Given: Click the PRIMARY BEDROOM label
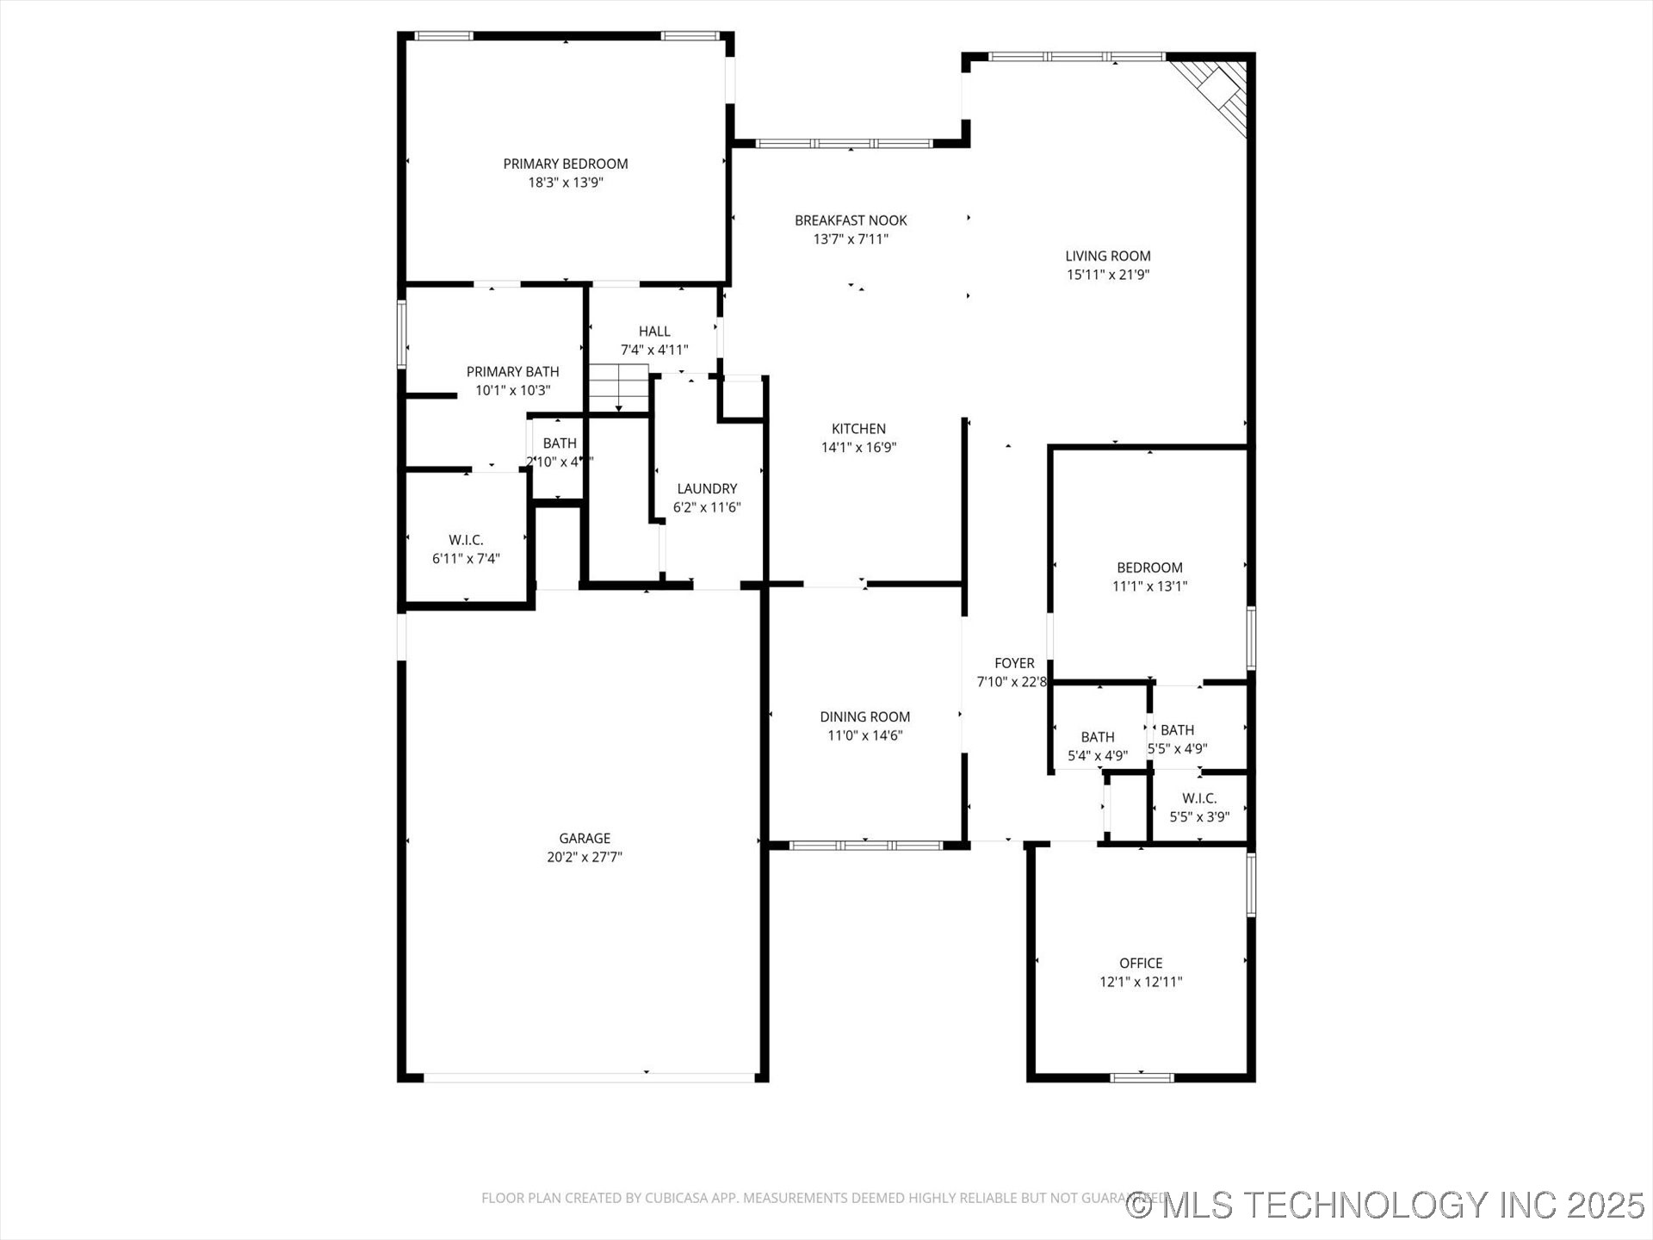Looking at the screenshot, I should pos(566,164).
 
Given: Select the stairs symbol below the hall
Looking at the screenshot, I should pos(618,388).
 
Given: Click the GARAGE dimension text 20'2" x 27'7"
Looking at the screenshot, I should pos(585,857).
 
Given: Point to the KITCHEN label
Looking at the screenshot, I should pos(858,429).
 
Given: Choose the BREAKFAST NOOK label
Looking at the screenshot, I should pos(851,220).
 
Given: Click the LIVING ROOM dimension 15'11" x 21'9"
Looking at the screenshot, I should pos(1107,275).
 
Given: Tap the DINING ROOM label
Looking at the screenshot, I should pos(864,716).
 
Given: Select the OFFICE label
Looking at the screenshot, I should pos(1141,963).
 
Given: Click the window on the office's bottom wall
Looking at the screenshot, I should pos(1142,1077).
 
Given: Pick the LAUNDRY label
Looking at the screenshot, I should pos(707,488).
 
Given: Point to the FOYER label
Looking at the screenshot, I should pos(1014,663).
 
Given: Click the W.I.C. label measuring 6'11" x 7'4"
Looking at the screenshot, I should pos(466,540).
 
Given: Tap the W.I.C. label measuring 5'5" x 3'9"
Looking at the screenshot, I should pos(1199,798).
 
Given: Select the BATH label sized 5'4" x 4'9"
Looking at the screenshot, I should pos(1098,737).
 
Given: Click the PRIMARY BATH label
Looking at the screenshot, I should pos(512,371).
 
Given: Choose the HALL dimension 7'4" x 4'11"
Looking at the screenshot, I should pos(654,350).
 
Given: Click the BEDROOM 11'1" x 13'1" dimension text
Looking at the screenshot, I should pos(1149,586).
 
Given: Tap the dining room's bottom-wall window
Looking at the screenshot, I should pos(866,846).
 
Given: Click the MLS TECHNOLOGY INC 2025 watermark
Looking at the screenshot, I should pos(1386,1204).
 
